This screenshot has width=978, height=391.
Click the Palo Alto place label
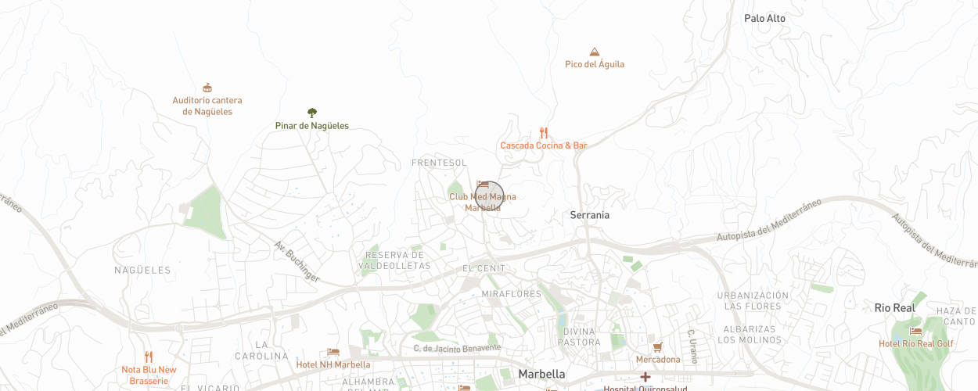764,18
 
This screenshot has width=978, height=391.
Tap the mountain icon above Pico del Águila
595,52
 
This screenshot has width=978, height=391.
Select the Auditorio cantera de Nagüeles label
207,106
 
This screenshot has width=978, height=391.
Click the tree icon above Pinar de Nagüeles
312,113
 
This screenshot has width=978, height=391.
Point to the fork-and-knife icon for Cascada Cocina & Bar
544,133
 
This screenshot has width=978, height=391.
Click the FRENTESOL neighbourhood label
439,163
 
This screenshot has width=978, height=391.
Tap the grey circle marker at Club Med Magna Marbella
490,195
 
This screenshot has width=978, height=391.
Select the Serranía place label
589,215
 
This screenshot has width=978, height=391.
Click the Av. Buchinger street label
297,261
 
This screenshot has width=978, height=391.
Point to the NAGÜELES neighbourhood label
142,270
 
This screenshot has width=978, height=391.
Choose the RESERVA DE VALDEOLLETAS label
394,260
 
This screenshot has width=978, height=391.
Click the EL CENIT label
484,268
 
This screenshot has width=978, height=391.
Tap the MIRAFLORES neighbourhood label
512,294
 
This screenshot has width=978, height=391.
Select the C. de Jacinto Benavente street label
457,347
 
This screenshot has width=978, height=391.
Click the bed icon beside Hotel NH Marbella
333,353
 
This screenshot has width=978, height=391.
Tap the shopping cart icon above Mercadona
657,346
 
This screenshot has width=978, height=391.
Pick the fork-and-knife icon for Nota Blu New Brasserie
149,357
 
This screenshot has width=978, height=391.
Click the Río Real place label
894,308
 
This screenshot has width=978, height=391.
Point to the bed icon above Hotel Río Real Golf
915,332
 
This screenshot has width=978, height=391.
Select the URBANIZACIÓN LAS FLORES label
753,300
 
